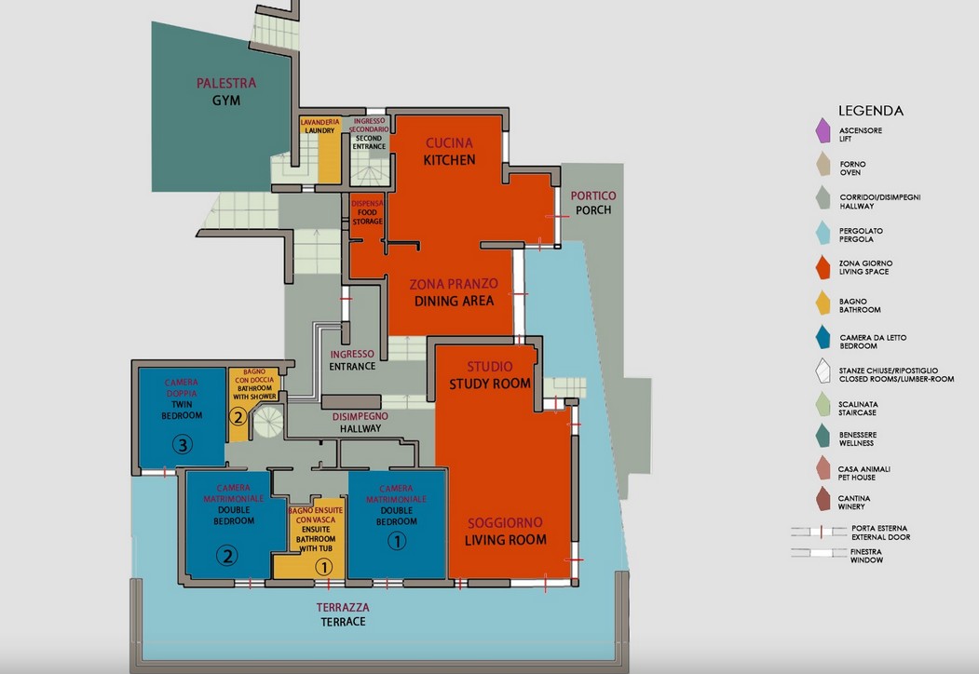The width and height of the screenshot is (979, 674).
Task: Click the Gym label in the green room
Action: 226,100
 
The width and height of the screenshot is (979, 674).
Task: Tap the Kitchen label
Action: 449,160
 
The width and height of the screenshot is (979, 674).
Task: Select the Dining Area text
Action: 454,301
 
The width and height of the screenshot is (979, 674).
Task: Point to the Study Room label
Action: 490,384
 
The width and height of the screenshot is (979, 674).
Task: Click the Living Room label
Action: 505,540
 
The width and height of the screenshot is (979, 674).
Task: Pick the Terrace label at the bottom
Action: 343,622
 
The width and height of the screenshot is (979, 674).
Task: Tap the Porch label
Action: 593,210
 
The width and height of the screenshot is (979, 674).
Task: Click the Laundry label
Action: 320,131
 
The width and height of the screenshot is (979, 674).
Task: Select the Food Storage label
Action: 367,217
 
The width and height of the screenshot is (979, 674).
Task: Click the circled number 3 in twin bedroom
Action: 183,444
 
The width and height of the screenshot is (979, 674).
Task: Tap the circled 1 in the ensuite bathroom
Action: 323,567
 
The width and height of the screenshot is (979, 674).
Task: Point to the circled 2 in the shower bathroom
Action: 238,416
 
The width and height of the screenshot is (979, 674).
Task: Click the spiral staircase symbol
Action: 268,422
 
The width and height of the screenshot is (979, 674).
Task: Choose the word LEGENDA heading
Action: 870,111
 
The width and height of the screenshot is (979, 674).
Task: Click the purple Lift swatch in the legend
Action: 823,130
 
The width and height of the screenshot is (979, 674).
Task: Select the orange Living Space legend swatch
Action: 823,267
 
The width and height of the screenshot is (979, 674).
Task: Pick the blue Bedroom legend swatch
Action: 823,337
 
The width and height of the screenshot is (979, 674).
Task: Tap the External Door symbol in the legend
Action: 819,532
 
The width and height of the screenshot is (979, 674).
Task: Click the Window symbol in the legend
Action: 819,552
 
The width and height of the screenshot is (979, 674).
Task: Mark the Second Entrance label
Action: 368,142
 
